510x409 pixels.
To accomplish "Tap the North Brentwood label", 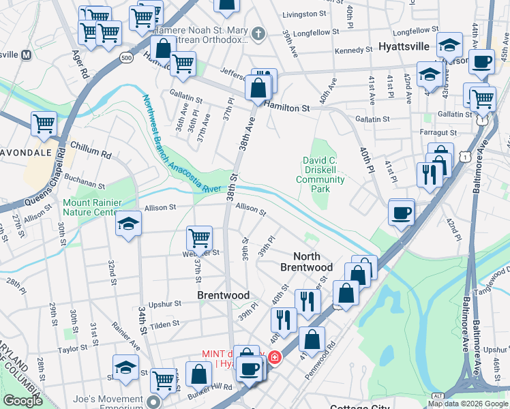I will point(306,262).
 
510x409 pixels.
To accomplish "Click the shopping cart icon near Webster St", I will point(199,238).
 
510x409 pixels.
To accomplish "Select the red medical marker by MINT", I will point(274,357).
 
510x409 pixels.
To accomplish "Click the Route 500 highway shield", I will point(125,58).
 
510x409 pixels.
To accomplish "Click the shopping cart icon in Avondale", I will point(44,123).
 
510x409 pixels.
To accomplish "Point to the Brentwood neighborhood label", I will point(223,295).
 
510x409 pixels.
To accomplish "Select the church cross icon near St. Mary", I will point(258,33).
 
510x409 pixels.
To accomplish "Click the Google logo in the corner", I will point(22,401).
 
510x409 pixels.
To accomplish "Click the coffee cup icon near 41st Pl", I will point(401,212).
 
